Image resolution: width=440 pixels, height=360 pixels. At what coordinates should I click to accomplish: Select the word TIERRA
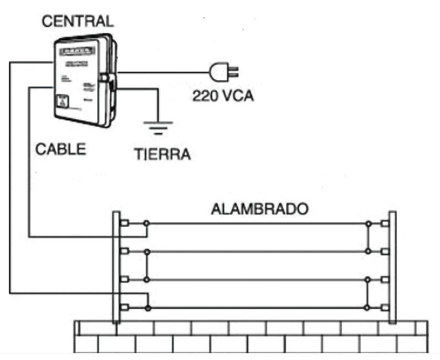[162, 154]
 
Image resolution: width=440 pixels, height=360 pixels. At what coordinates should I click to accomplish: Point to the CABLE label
[61, 149]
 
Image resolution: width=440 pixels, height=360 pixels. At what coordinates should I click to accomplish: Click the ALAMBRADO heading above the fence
[260, 209]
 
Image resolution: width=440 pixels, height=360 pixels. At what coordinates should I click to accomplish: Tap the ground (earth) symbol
[158, 127]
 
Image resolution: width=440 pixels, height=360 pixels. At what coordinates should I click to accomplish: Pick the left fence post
[116, 267]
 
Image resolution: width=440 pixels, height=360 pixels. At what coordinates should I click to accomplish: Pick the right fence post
[392, 267]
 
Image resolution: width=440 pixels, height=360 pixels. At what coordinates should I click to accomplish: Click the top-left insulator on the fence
[125, 223]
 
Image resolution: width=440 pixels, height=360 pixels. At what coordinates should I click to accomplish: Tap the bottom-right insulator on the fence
[384, 307]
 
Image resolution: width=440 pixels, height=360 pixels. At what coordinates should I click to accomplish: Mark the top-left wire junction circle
[146, 223]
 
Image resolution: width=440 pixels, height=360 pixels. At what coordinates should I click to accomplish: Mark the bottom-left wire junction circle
[147, 308]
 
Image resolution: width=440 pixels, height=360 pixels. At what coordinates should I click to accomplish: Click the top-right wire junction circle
[368, 223]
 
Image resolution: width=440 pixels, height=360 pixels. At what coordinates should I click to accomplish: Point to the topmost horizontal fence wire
[258, 223]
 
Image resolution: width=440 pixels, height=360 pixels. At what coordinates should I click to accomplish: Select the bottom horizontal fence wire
[258, 308]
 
